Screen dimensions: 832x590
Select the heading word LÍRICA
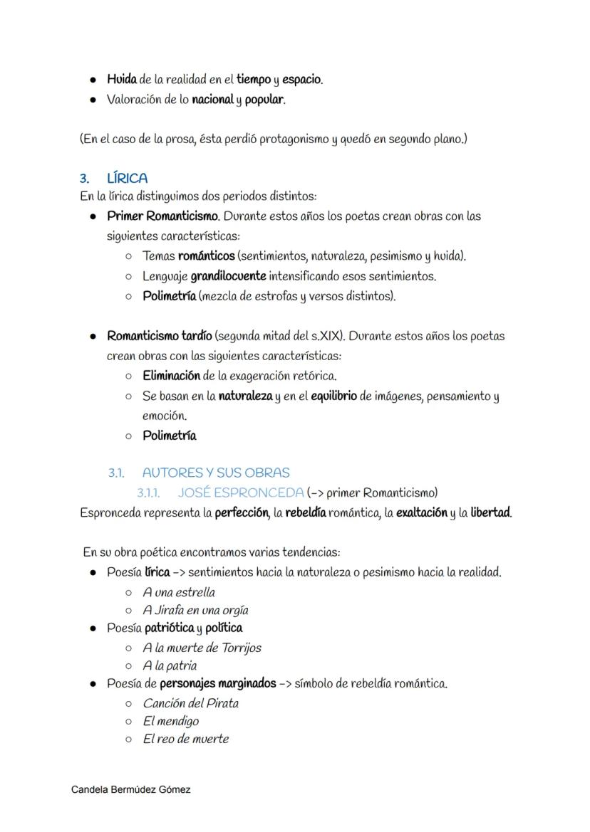pos(127,178)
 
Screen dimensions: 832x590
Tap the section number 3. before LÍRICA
pos(84,178)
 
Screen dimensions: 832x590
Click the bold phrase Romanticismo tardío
pos(159,335)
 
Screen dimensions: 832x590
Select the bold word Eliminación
pos(171,375)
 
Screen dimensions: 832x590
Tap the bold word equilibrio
pos(334,396)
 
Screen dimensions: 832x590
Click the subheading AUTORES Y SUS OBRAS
pos(216,473)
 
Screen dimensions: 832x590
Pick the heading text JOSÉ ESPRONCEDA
pos(241,493)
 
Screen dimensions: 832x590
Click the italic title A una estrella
pos(179,592)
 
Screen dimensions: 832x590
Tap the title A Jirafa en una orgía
pos(195,610)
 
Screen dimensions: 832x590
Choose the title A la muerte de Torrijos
pos(202,648)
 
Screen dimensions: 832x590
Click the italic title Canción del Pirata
pos(190,703)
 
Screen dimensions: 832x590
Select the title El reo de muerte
pos(185,739)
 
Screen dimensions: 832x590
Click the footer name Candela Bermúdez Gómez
pos(131,790)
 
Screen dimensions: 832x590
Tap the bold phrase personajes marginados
pos(217,683)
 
